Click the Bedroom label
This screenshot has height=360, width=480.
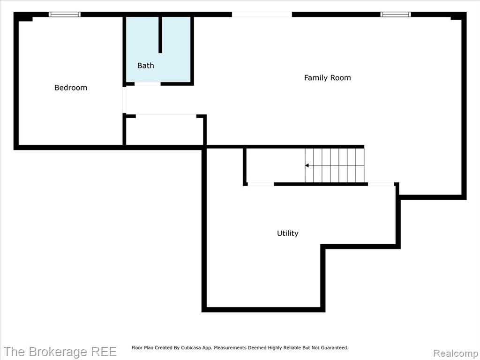click(71, 88)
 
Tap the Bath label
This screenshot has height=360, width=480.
click(145, 66)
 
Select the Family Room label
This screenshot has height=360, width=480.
click(327, 78)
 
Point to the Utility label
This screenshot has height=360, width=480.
click(287, 233)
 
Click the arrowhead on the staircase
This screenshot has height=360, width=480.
click(307, 165)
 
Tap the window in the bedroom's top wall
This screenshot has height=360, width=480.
click(65, 15)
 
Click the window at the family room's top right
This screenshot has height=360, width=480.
click(396, 15)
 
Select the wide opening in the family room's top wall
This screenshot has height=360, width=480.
click(262, 15)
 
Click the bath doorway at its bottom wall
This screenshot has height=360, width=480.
click(148, 84)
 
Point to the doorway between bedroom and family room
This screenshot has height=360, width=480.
click(124, 100)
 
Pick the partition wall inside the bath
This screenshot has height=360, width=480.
click(160, 35)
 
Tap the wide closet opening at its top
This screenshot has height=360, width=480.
click(166, 116)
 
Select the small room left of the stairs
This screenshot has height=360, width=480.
click(275, 165)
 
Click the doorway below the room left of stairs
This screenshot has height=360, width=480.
click(261, 184)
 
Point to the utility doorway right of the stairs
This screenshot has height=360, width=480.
click(381, 184)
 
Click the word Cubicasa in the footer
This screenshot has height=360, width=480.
click(192, 348)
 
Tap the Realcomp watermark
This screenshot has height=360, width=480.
click(456, 353)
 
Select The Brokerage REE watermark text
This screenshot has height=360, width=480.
click(60, 352)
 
